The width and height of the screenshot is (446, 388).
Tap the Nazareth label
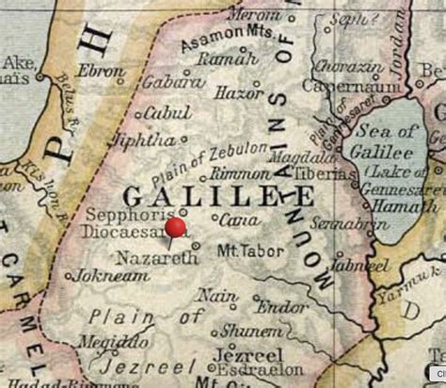(x=144, y=256)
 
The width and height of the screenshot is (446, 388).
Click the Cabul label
(x=167, y=114)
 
